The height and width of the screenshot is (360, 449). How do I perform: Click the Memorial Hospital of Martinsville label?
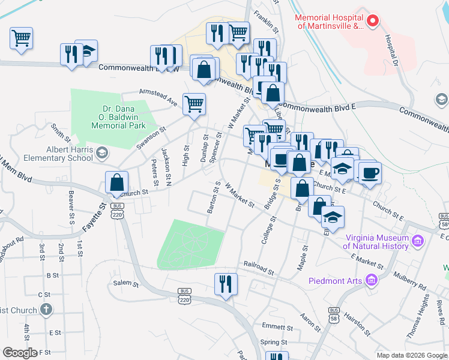point(329,22)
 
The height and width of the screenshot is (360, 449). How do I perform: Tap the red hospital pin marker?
point(372,22)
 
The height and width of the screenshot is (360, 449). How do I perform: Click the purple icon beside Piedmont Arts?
point(372,280)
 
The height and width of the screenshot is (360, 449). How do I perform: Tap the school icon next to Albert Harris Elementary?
point(101,154)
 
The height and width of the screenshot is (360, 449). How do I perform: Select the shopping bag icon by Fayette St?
point(117,182)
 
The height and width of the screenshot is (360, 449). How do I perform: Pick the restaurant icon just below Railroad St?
point(226,284)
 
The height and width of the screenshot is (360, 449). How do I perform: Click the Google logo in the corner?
point(20,352)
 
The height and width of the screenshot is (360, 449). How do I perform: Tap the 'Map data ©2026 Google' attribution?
point(412,355)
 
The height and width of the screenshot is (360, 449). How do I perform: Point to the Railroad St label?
point(259,267)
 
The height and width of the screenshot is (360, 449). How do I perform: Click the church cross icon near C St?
point(46,310)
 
